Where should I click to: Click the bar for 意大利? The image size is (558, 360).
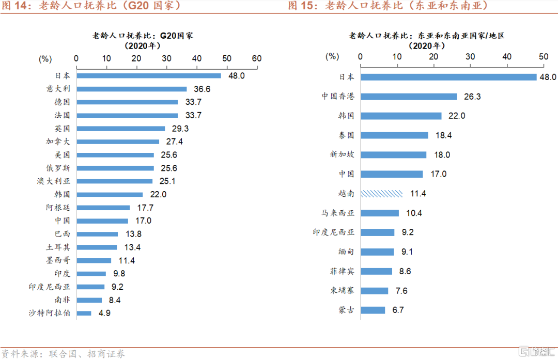pos(132,89)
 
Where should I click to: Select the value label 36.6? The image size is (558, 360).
pos(202,89)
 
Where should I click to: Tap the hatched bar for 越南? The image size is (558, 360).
pos(381,194)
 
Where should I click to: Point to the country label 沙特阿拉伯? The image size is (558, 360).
pos(49,313)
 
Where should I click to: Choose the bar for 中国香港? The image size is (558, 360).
pos(409,97)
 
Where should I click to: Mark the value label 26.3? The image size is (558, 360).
pos(472,97)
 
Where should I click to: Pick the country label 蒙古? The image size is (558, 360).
pos(346,310)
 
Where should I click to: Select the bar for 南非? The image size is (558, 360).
pos(89,300)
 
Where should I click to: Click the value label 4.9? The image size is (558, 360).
pos(105,313)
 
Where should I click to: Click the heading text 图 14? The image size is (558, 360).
pos(15,6)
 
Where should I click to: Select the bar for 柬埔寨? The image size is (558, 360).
pos(374,291)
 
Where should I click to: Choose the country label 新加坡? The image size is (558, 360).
pos(342,154)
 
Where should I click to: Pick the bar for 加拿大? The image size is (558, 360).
pos(118,142)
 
